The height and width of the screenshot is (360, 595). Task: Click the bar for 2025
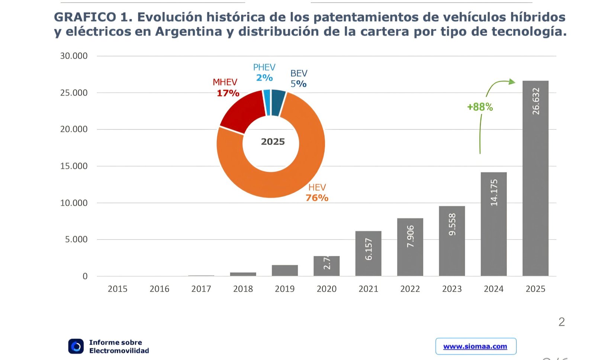(x=535, y=179)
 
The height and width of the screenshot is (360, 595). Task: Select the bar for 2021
(x=368, y=253)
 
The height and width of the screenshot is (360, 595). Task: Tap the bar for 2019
(x=284, y=270)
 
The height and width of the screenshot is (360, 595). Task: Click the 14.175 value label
(x=493, y=193)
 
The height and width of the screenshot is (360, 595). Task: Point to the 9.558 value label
(x=452, y=224)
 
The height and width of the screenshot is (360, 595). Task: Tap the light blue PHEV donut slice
(x=267, y=102)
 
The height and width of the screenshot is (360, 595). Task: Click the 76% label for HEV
(x=317, y=198)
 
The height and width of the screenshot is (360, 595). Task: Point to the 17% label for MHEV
(x=228, y=93)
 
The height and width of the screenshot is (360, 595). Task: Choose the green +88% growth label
(x=480, y=107)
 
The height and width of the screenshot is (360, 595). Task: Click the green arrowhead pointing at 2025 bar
(x=512, y=81)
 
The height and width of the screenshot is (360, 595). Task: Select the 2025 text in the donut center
(x=273, y=142)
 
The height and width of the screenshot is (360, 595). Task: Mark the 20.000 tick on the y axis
(x=74, y=129)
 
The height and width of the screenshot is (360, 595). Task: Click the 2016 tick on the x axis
(x=159, y=289)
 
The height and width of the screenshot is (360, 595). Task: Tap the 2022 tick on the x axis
(x=410, y=289)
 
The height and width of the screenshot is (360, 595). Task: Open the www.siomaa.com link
(x=475, y=346)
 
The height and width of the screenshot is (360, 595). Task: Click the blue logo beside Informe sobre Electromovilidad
(x=76, y=346)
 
